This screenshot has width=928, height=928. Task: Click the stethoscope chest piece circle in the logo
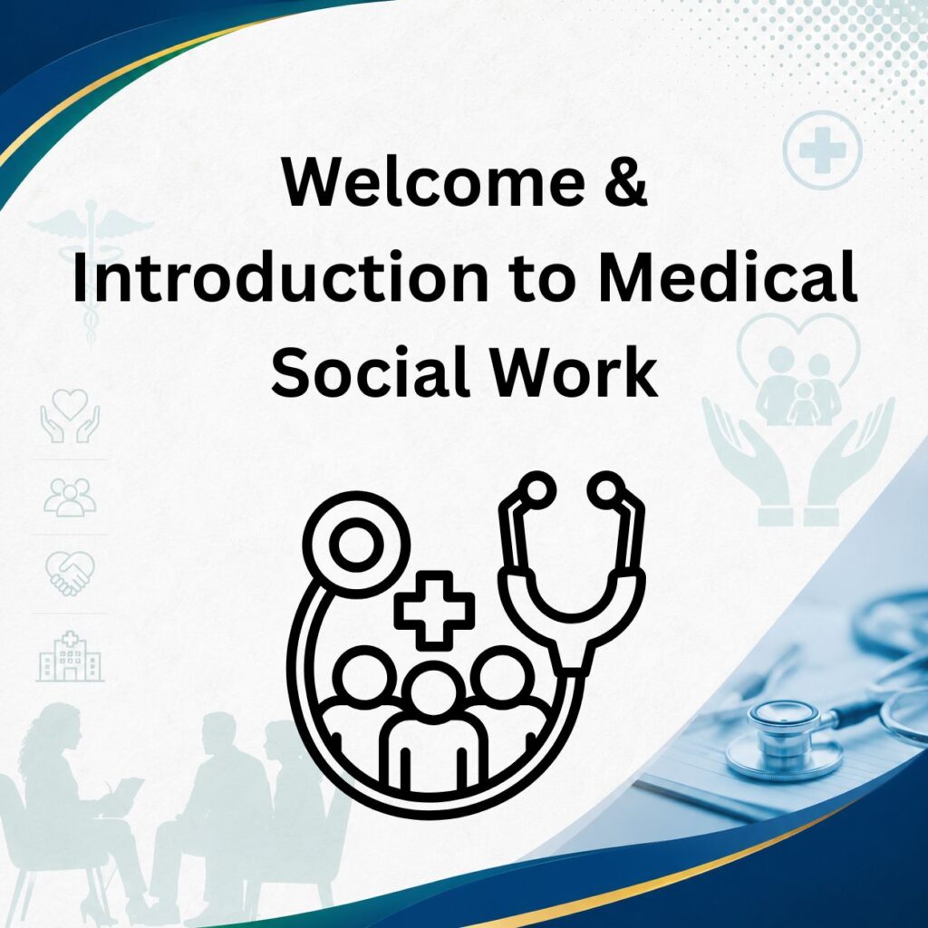356,545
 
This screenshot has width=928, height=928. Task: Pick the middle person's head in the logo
434,692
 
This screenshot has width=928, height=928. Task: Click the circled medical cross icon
822,150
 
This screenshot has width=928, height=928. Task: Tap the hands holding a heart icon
70,415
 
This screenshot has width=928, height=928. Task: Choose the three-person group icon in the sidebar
70,498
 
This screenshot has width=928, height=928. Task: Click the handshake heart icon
70,573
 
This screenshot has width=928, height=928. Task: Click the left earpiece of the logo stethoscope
536,490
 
